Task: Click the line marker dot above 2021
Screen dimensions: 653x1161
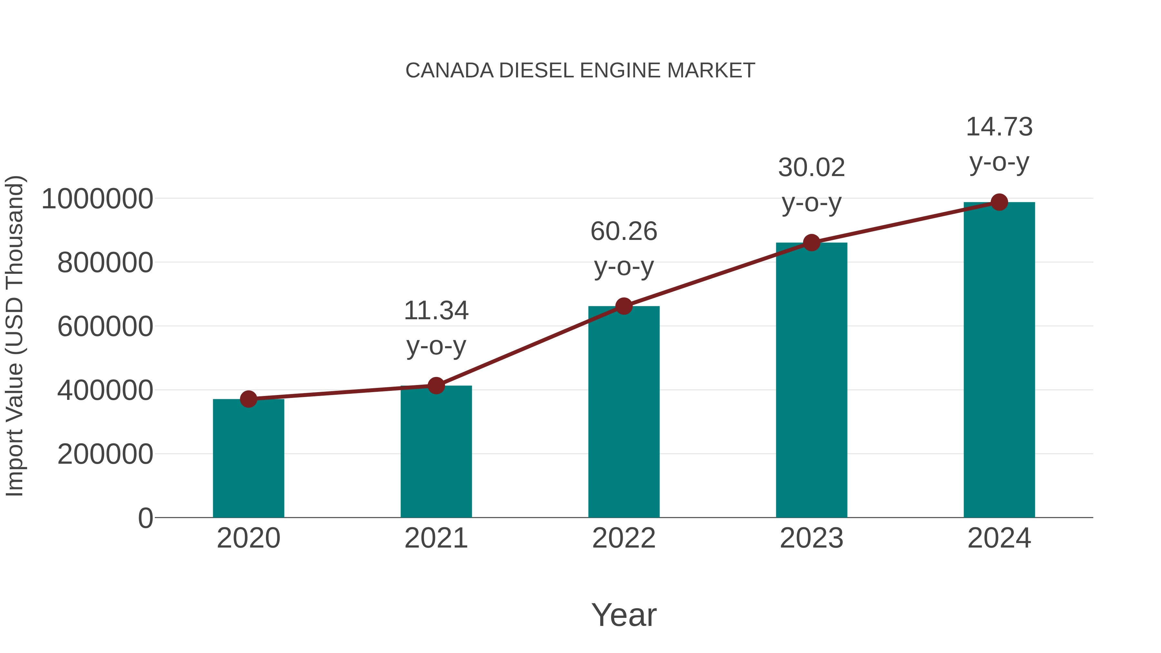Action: pos(436,386)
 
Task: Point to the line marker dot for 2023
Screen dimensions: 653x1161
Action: pos(811,243)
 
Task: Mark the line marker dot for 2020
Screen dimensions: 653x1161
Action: pos(248,399)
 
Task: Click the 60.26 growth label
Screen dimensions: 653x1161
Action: pos(624,232)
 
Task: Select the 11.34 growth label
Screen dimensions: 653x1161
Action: pos(436,311)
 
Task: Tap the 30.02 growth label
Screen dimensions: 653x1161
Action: pos(811,168)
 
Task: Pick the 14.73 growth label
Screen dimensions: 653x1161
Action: pos(999,127)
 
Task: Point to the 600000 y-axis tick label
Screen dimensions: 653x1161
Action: pos(105,326)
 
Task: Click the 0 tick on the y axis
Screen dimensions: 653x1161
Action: pos(145,518)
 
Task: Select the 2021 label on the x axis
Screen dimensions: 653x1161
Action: pos(436,538)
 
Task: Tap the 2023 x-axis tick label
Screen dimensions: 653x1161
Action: pos(811,538)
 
